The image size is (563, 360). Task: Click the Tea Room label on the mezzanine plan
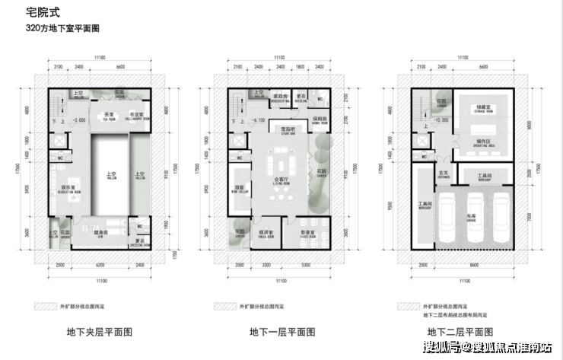point(98,116)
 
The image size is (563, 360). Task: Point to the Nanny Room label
point(320,121)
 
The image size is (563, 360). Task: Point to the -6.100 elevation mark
point(258,120)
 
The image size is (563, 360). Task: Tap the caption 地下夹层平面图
point(101,332)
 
